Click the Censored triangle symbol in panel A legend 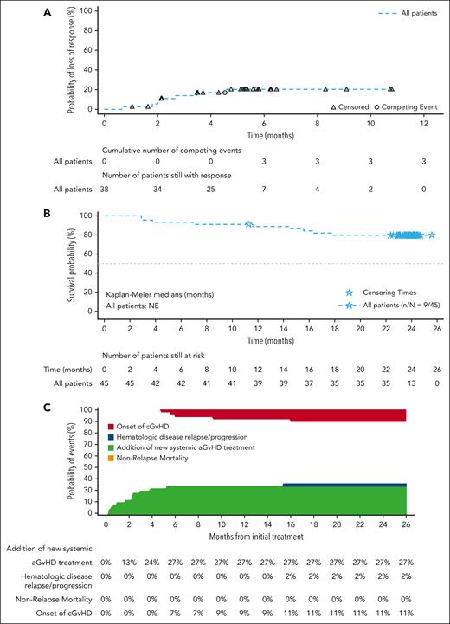tap(333, 106)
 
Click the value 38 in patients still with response tap(104, 189)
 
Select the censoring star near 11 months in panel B tap(249, 224)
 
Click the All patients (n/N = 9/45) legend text tap(391, 306)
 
